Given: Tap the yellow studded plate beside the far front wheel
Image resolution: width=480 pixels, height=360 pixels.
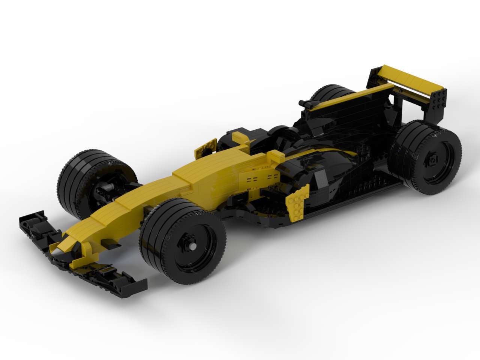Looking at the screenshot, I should click(205, 149).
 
